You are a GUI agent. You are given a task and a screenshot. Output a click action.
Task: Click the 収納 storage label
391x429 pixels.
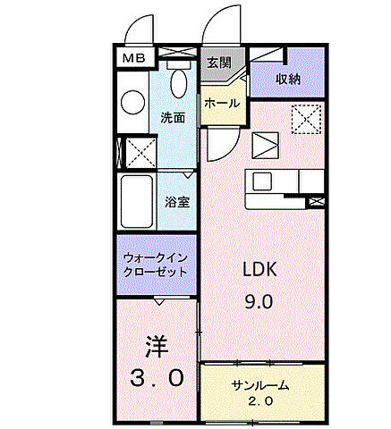click(286, 80)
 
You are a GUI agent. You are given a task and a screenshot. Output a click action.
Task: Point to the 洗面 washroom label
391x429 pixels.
click(173, 118)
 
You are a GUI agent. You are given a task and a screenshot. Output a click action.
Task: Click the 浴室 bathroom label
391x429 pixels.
click(176, 202)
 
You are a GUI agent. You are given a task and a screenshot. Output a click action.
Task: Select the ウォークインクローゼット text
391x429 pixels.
click(155, 265)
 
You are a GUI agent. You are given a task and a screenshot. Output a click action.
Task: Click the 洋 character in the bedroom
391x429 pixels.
click(154, 344)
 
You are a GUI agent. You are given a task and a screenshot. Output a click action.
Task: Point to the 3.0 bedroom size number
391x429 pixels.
click(154, 378)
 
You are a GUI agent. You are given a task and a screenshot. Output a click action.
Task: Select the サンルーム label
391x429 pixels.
click(259, 386)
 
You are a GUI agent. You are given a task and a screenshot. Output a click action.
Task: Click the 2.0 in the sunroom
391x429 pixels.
click(259, 402)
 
